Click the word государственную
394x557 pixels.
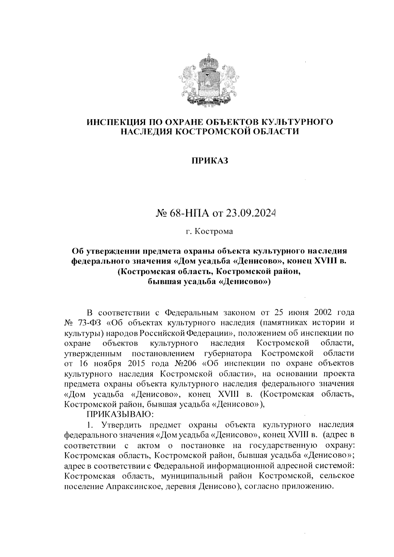pos(283,445)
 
